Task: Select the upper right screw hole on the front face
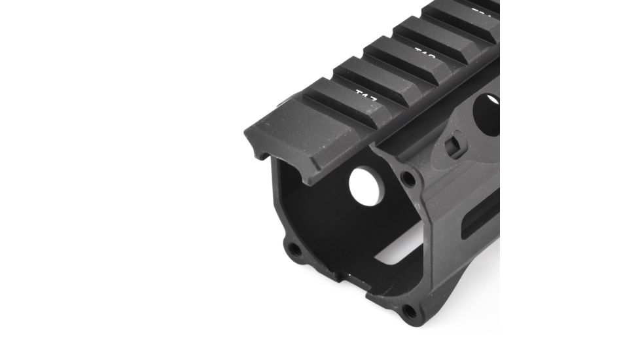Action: click(x=408, y=178)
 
